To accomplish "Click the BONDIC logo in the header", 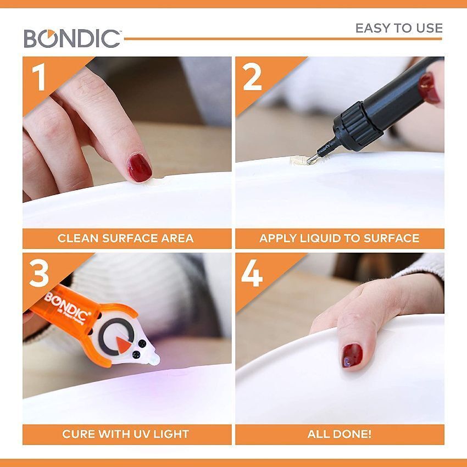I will tap(72, 37).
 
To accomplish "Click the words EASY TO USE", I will tap(398, 28).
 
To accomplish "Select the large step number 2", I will tap(252, 77).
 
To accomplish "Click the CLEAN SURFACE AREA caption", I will tap(125, 238).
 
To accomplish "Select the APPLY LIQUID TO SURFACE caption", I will tap(339, 238).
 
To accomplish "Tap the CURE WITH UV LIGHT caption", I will tap(125, 434).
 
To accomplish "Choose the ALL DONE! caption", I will tap(339, 434).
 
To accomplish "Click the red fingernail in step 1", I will tap(139, 165).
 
